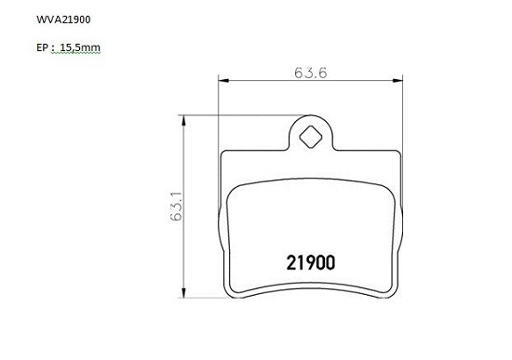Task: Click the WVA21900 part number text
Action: (63, 20)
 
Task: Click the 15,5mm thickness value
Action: (80, 48)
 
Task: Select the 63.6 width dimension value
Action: (310, 73)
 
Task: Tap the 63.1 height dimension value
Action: (176, 207)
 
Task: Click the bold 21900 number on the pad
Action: (311, 262)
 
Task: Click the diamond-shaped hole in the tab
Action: (311, 137)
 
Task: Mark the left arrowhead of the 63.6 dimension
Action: (223, 80)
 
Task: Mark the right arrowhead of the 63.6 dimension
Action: (397, 80)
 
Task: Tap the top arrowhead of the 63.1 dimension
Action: (183, 120)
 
